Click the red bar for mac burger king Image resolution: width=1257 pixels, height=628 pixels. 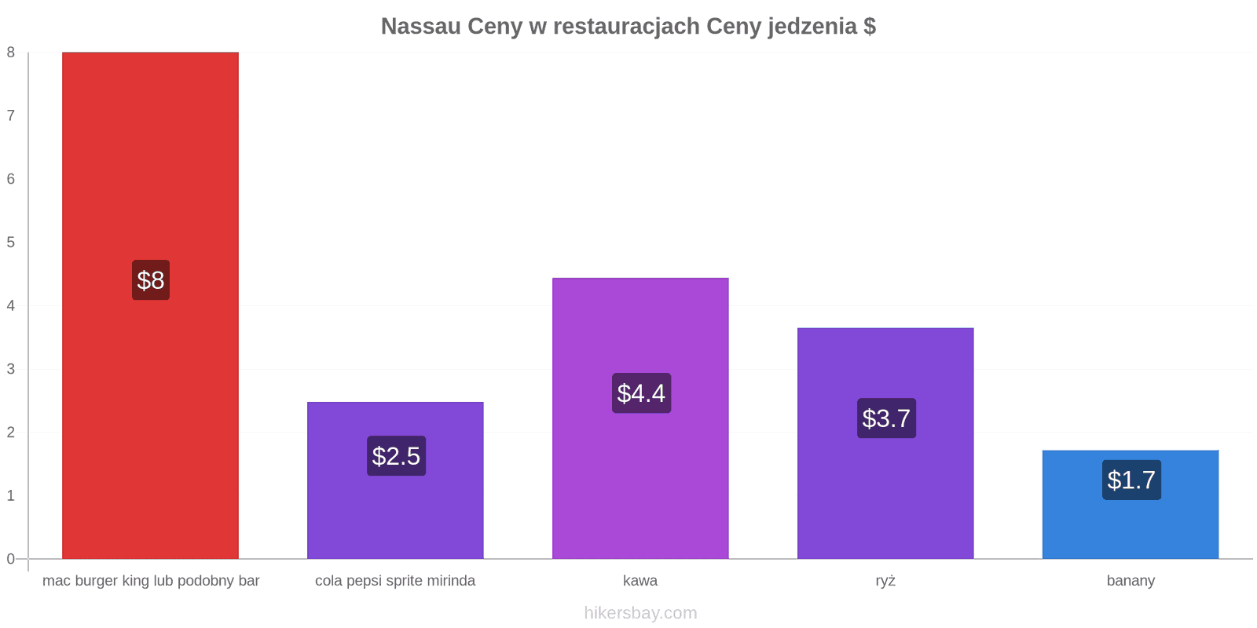pyautogui.click(x=150, y=305)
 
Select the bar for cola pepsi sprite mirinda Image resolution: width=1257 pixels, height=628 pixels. pyautogui.click(x=396, y=480)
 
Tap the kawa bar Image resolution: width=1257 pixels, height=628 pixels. pyautogui.click(x=640, y=418)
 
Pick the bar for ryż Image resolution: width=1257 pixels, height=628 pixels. pyautogui.click(x=885, y=444)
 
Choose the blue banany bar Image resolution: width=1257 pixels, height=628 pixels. pyautogui.click(x=1131, y=505)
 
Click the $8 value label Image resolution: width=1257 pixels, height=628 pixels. pyautogui.click(x=151, y=279)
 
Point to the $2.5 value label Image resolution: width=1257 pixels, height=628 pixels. pyautogui.click(x=396, y=456)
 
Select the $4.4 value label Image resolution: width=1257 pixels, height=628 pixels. pyautogui.click(x=641, y=393)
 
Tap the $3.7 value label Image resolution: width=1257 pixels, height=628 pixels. pyautogui.click(x=887, y=418)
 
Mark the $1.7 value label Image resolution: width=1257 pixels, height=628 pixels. pyautogui.click(x=1132, y=480)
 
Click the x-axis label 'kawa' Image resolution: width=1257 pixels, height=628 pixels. pyautogui.click(x=640, y=580)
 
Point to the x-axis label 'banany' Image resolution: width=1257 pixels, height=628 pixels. pyautogui.click(x=1131, y=581)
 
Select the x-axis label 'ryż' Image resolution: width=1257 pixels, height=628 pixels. pyautogui.click(x=885, y=581)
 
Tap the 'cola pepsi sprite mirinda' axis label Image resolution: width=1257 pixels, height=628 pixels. pyautogui.click(x=395, y=581)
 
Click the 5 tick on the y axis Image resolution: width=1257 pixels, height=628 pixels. pyautogui.click(x=11, y=243)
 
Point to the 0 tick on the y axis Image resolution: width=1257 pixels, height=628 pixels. pyautogui.click(x=11, y=559)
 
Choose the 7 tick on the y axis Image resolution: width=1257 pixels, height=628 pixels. pyautogui.click(x=11, y=115)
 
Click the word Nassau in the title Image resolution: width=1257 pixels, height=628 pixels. pyautogui.click(x=421, y=27)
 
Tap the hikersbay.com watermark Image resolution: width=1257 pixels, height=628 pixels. pyautogui.click(x=641, y=613)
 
